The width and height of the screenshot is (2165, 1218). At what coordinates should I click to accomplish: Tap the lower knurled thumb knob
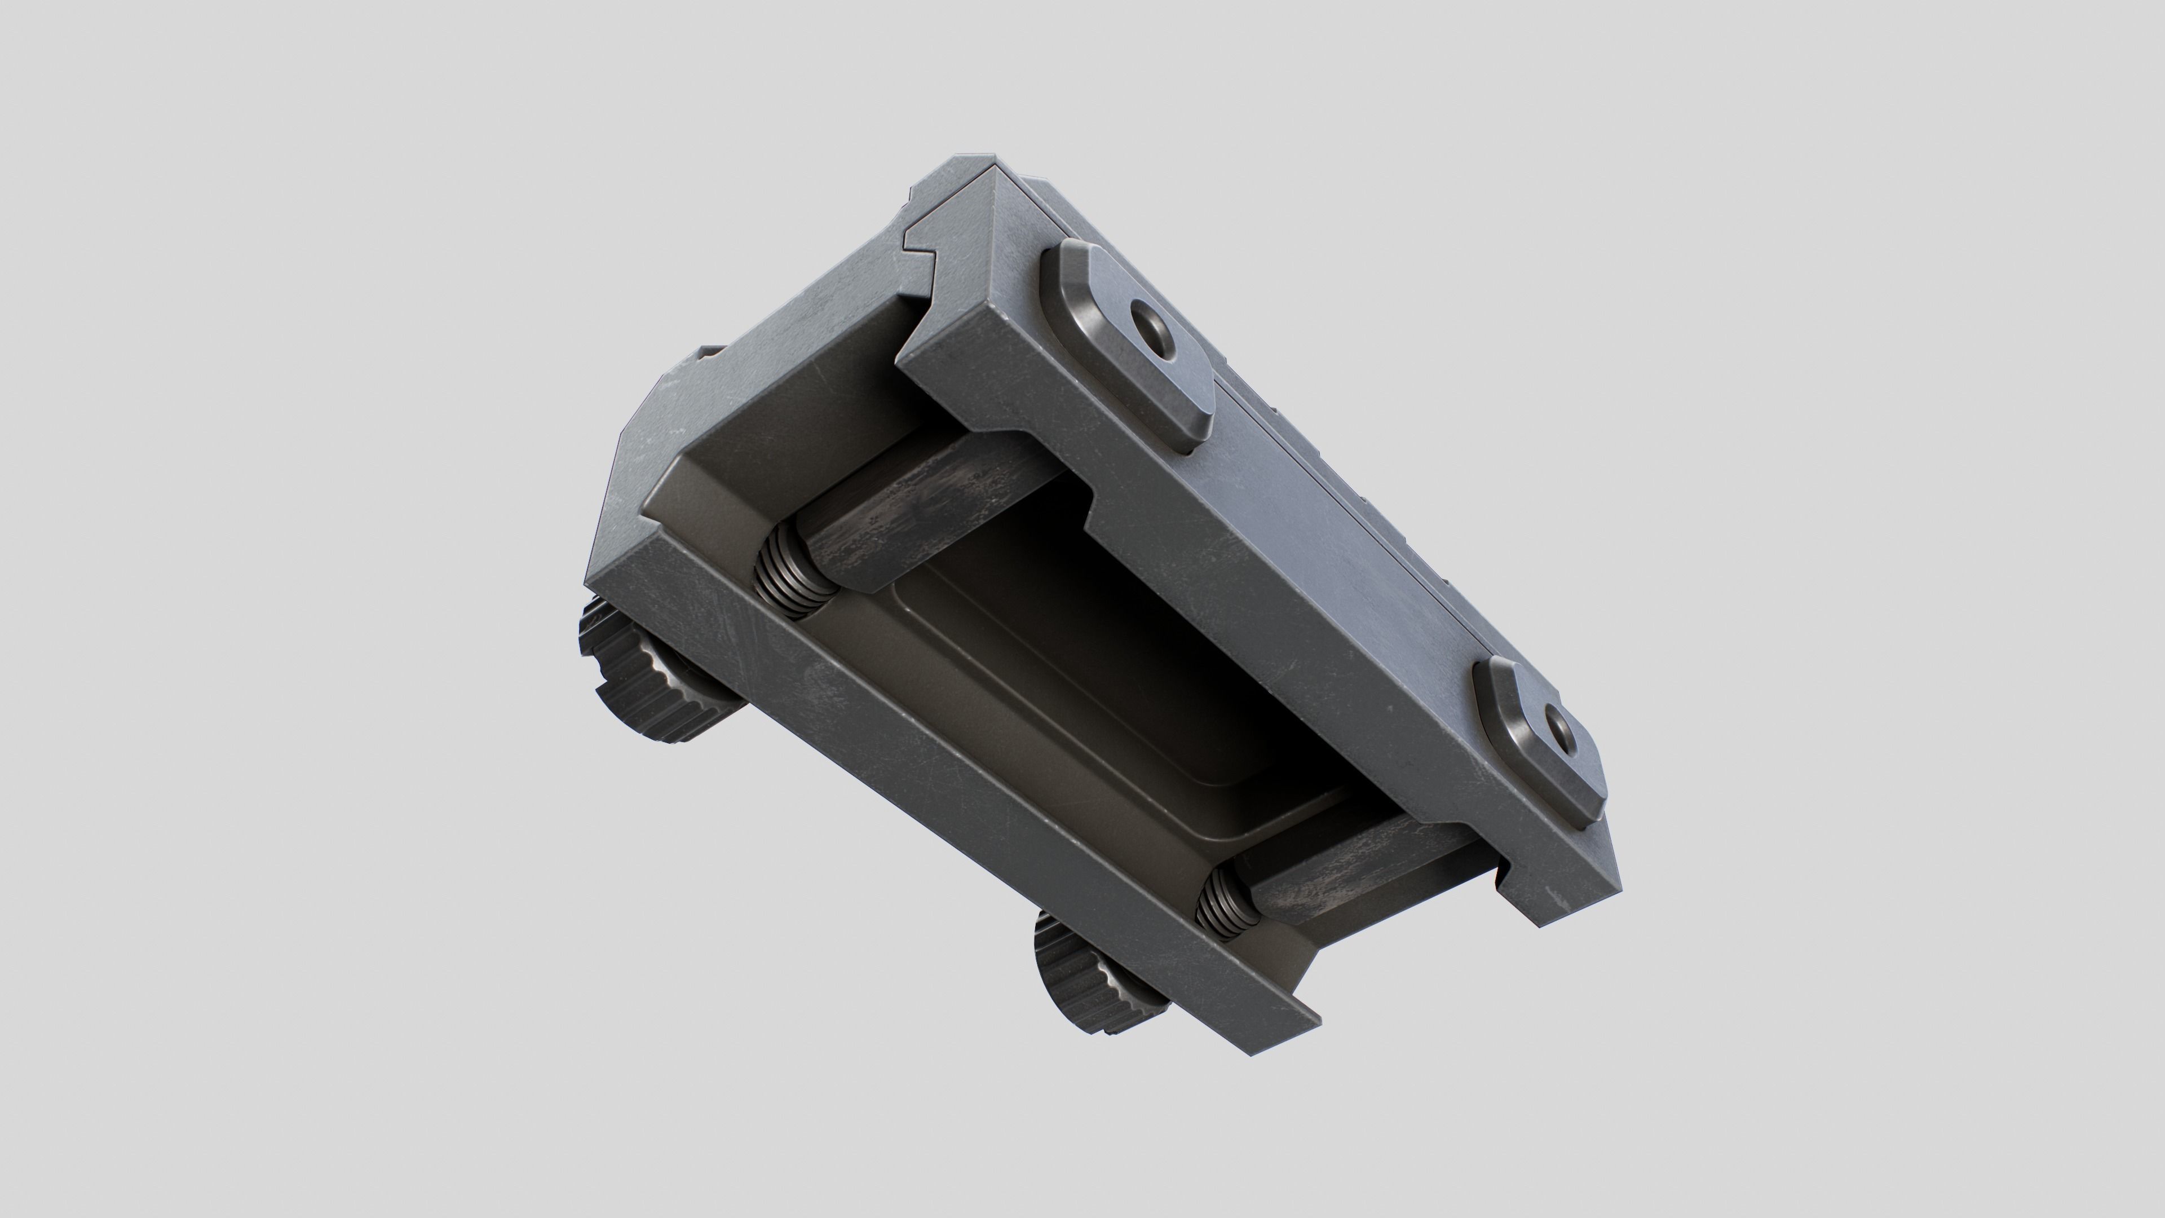pos(1084,967)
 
